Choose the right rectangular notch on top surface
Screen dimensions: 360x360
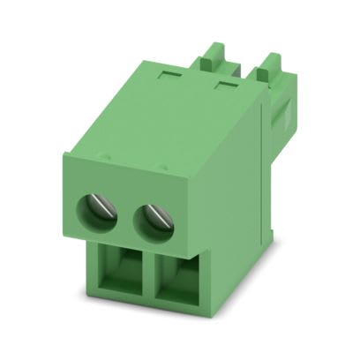point(227,86)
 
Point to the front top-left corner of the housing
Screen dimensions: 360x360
point(64,157)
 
